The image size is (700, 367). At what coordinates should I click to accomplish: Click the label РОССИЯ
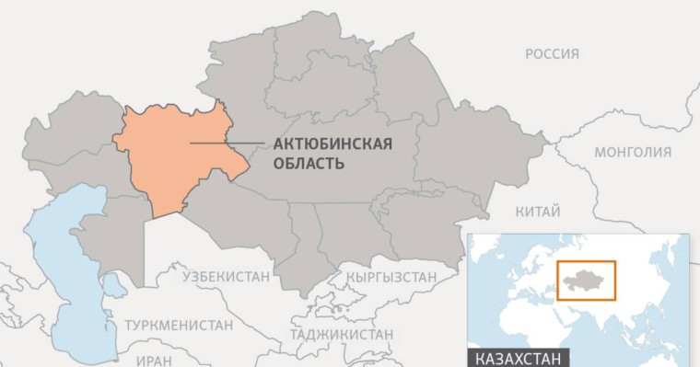(552, 54)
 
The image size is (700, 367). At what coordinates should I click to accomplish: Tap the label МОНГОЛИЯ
(633, 153)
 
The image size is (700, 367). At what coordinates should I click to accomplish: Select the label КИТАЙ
(538, 212)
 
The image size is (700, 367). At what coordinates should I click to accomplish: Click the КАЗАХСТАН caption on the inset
(518, 357)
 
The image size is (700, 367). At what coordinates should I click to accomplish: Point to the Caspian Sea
(64, 276)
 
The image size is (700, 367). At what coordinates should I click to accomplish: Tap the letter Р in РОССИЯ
(530, 54)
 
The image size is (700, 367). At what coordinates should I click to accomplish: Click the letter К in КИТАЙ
(519, 212)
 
